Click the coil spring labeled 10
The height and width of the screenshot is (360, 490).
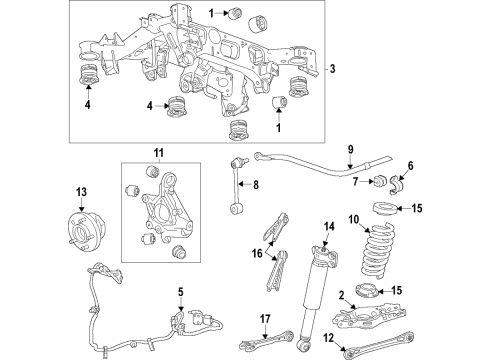pos(382,262)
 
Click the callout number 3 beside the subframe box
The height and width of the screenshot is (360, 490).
pos(333,70)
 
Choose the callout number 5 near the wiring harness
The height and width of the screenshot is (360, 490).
pos(180,294)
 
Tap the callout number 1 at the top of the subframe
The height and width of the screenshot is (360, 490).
pos(211,12)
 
